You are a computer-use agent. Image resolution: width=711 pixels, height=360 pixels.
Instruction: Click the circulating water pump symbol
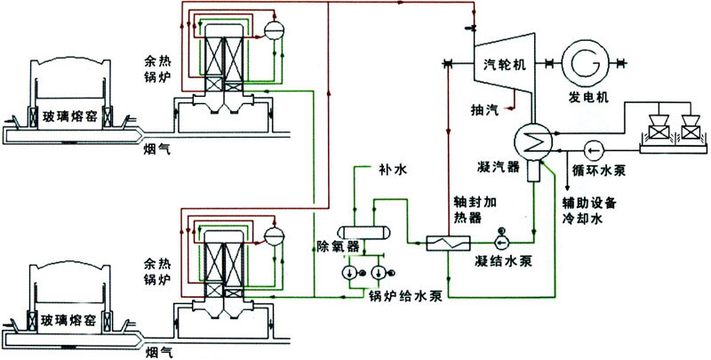tap(595, 148)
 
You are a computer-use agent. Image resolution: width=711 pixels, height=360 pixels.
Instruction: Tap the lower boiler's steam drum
tap(273, 233)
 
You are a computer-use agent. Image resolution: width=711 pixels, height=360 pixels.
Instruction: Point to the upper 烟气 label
tap(156, 150)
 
